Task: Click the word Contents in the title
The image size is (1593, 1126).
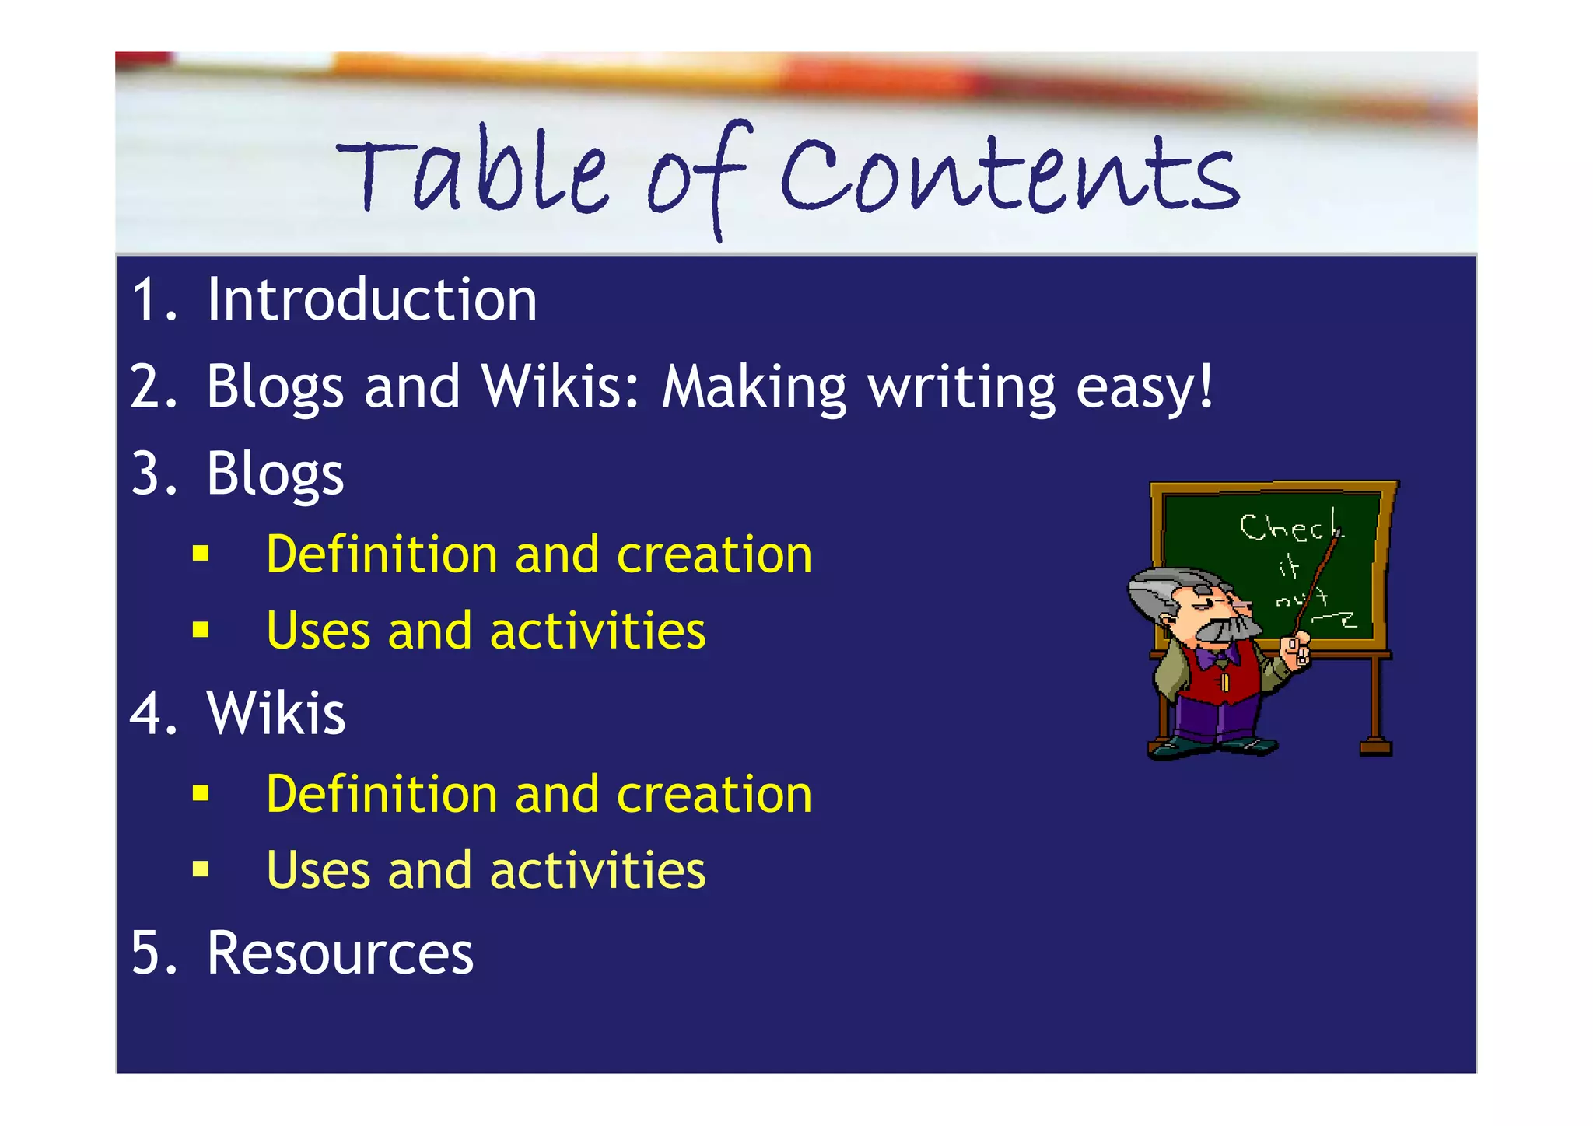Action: [1009, 177]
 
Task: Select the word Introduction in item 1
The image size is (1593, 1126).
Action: [372, 300]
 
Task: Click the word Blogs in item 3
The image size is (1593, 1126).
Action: [275, 474]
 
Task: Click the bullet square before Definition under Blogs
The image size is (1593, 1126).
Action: [201, 554]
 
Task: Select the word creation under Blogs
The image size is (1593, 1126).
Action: [714, 555]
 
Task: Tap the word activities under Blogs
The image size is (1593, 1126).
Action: [597, 631]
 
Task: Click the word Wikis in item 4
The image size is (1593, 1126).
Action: [275, 713]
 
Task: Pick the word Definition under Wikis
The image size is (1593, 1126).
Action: [381, 794]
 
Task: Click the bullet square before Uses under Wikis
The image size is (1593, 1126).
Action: [201, 869]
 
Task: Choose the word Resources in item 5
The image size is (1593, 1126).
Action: [340, 953]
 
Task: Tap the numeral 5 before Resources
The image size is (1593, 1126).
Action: [145, 953]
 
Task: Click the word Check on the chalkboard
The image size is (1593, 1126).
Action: [1290, 528]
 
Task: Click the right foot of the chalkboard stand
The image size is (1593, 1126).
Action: [1375, 747]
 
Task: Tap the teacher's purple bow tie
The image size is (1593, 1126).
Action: [1217, 658]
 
